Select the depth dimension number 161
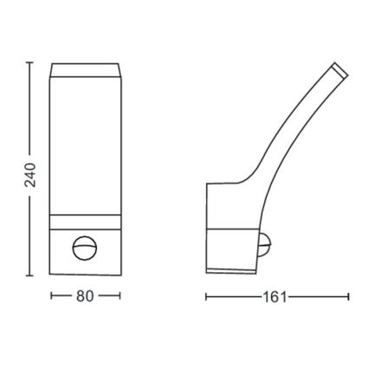click(x=275, y=297)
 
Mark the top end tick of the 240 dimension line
click(x=29, y=62)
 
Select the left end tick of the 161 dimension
click(x=206, y=297)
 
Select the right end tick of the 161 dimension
click(x=348, y=297)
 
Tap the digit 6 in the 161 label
click(x=275, y=297)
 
